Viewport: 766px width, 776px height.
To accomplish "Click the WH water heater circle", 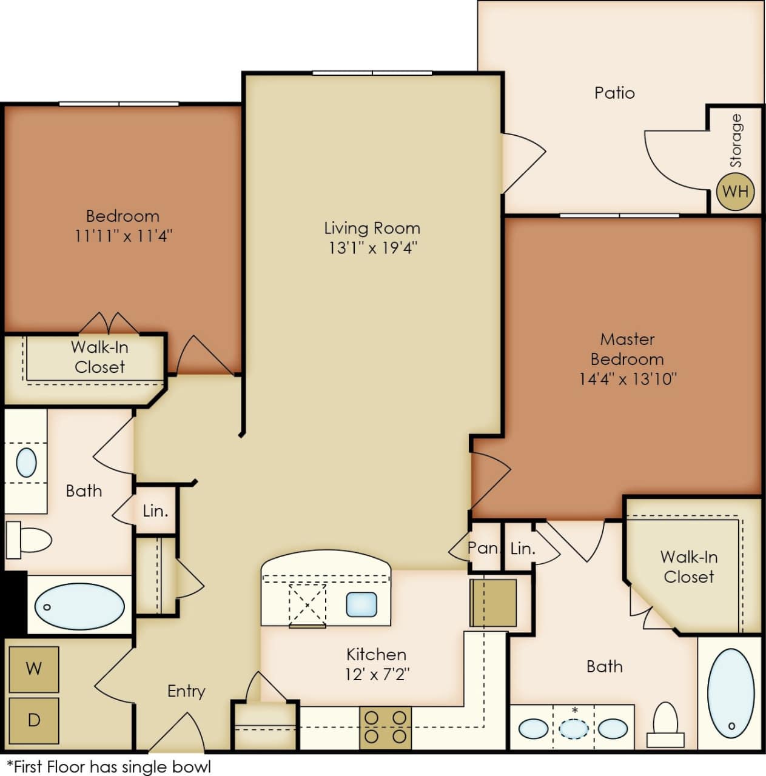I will pyautogui.click(x=735, y=192).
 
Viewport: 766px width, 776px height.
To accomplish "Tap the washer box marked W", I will pyautogui.click(x=34, y=669).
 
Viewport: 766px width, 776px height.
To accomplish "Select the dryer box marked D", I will pyautogui.click(x=34, y=720).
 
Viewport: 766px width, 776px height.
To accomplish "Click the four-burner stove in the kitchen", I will pyautogui.click(x=385, y=727).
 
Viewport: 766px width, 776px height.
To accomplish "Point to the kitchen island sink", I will pyautogui.click(x=361, y=604).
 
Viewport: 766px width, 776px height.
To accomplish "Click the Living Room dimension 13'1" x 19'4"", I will pyautogui.click(x=372, y=247).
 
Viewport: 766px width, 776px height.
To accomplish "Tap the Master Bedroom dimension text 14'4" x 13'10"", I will pyautogui.click(x=627, y=379).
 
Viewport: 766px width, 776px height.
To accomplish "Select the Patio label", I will pyautogui.click(x=614, y=93).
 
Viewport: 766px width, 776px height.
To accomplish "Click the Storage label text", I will pyautogui.click(x=735, y=141).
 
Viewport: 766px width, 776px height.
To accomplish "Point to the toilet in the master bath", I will pyautogui.click(x=666, y=724).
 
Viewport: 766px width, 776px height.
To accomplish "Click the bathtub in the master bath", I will pyautogui.click(x=731, y=692).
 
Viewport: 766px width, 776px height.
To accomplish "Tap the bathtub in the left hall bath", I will pyautogui.click(x=79, y=606).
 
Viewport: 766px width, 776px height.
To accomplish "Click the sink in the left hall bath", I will pyautogui.click(x=26, y=463).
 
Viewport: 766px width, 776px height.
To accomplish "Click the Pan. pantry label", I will pyautogui.click(x=483, y=548).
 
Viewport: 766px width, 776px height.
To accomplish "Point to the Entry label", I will pyautogui.click(x=186, y=691).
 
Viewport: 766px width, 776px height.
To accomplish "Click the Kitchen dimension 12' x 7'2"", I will pyautogui.click(x=377, y=674).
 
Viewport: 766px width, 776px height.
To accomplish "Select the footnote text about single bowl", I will pyautogui.click(x=109, y=766).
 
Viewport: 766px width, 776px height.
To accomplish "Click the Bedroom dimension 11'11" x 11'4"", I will pyautogui.click(x=123, y=235).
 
